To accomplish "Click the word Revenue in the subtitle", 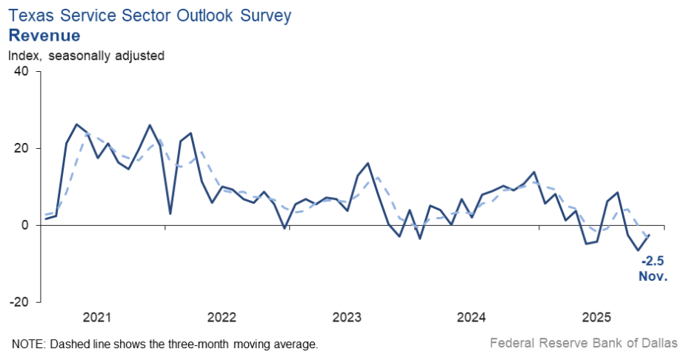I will (x=44, y=35).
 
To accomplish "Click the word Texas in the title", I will (x=30, y=14).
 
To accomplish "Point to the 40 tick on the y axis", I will (x=21, y=72).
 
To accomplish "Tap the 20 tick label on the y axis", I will (x=21, y=149).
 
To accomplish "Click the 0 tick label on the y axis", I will (x=25, y=225).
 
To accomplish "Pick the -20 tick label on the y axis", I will (x=19, y=302).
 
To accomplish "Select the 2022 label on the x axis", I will (x=222, y=319).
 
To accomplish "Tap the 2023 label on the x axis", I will (x=347, y=319).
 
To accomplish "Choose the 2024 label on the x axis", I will (x=471, y=319).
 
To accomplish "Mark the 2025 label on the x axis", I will (x=596, y=319).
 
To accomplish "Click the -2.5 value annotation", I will (x=653, y=261).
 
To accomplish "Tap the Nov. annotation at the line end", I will (x=653, y=276).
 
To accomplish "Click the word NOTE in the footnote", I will (x=27, y=344).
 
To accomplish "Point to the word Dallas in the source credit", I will (x=660, y=344).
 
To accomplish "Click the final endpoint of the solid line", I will (x=650, y=235).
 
